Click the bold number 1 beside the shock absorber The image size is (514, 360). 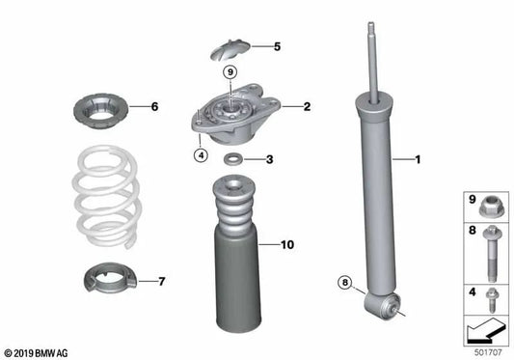coord(419,158)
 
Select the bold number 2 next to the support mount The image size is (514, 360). coord(307,107)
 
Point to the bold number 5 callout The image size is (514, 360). coord(277,45)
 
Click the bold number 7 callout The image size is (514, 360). coord(161,281)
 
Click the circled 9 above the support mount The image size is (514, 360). coord(230,72)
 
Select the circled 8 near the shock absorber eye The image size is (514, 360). coord(345,283)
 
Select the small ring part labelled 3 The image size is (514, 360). coord(234,159)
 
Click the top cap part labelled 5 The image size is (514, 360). coord(229,44)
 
